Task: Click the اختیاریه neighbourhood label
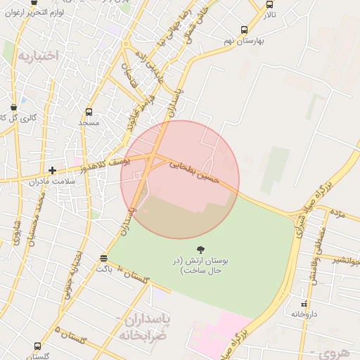pyautogui.click(x=38, y=55)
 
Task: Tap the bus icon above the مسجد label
pyautogui.click(x=89, y=112)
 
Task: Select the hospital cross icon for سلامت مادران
pyautogui.click(x=52, y=170)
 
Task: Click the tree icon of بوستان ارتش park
pyautogui.click(x=200, y=249)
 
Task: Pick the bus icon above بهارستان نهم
pyautogui.click(x=244, y=30)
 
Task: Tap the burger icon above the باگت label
pyautogui.click(x=104, y=258)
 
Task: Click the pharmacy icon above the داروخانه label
pyautogui.click(x=304, y=303)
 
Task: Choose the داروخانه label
pyautogui.click(x=305, y=314)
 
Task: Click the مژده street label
pyautogui.click(x=338, y=212)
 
